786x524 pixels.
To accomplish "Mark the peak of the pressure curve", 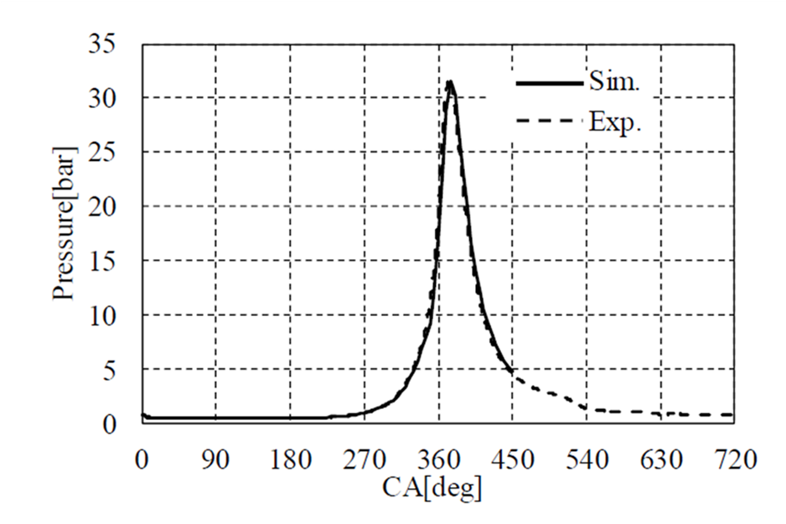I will (450, 81).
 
